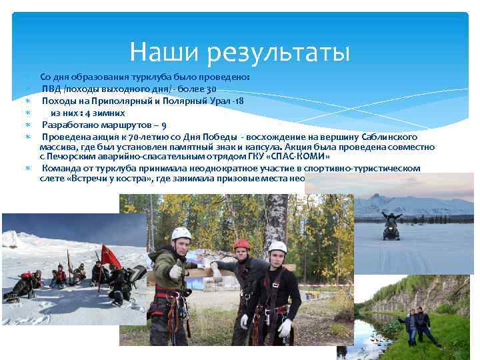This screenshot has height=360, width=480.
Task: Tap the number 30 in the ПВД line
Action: point(211,89)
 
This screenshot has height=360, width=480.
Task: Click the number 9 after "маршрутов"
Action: point(165,125)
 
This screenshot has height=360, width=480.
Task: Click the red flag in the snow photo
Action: point(109,254)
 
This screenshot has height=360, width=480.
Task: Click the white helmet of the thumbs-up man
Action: point(181,233)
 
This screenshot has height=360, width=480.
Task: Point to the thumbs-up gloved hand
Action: point(175,271)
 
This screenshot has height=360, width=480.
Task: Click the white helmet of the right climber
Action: point(278,247)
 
